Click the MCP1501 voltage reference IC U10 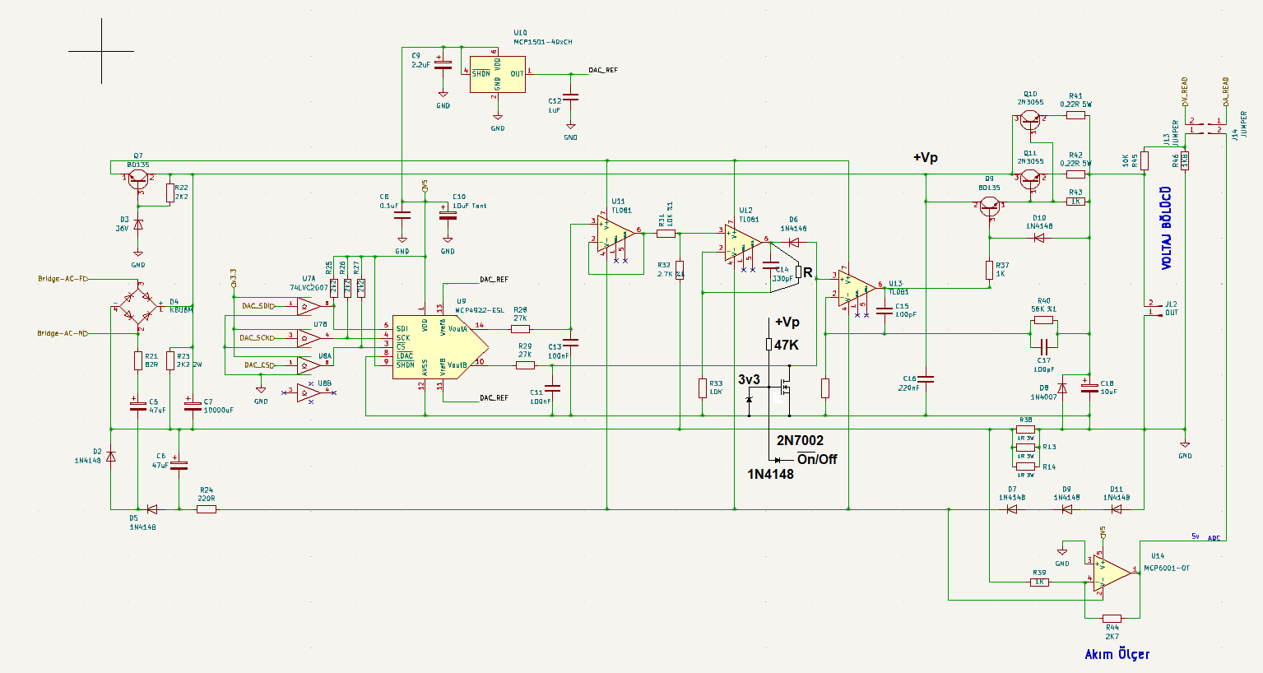(x=497, y=74)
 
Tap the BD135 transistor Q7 (x=137, y=179)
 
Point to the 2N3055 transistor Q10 (x=1030, y=120)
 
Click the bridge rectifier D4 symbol (x=138, y=306)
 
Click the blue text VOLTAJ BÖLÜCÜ (x=1166, y=228)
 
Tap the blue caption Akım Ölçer (x=1117, y=654)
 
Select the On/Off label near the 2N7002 (x=816, y=459)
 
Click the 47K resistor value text (x=786, y=346)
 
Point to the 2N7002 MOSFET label (x=800, y=441)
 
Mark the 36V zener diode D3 (x=138, y=225)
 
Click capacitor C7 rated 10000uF (x=193, y=405)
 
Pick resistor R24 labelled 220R (x=207, y=509)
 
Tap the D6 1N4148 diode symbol (x=793, y=243)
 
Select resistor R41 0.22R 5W (x=1075, y=116)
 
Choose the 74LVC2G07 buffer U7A (x=308, y=306)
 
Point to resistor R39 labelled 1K (x=1039, y=582)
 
